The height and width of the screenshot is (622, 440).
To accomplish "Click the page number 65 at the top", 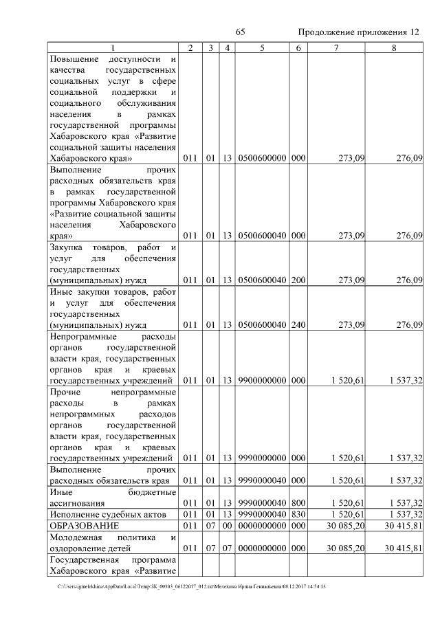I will pos(240,32).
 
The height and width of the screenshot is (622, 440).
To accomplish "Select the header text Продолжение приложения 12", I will pos(358,32).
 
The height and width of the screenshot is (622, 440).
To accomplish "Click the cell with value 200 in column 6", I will pos(298,280).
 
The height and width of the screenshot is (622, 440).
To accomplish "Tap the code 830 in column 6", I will pos(298,513).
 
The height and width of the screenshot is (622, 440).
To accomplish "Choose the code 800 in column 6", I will pos(298,502).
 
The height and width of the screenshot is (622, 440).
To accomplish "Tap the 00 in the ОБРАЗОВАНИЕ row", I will pos(227,525).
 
